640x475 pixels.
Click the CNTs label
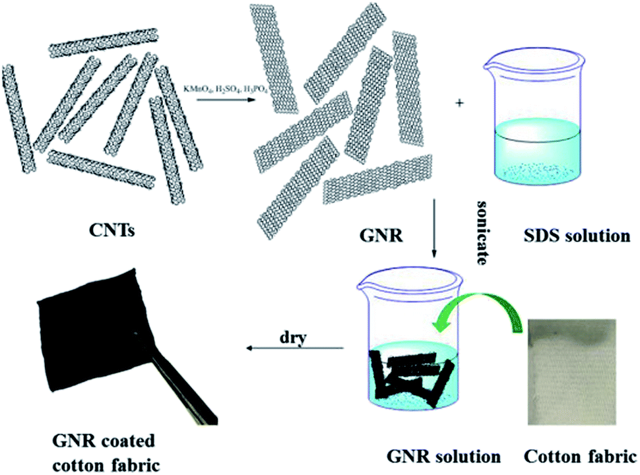coord(112,231)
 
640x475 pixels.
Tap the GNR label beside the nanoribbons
coord(381,236)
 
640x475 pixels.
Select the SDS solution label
coord(577,236)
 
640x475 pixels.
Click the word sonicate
coord(483,233)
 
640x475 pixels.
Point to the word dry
coord(293,338)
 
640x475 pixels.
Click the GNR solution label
coord(443,457)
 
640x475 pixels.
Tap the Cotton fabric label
coord(580,457)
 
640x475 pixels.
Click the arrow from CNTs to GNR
coord(226,99)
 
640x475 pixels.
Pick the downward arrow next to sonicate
coord(434,228)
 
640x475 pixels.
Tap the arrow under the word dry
coord(295,348)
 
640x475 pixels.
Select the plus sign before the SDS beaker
coord(460,103)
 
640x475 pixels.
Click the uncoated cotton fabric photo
coord(572,372)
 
